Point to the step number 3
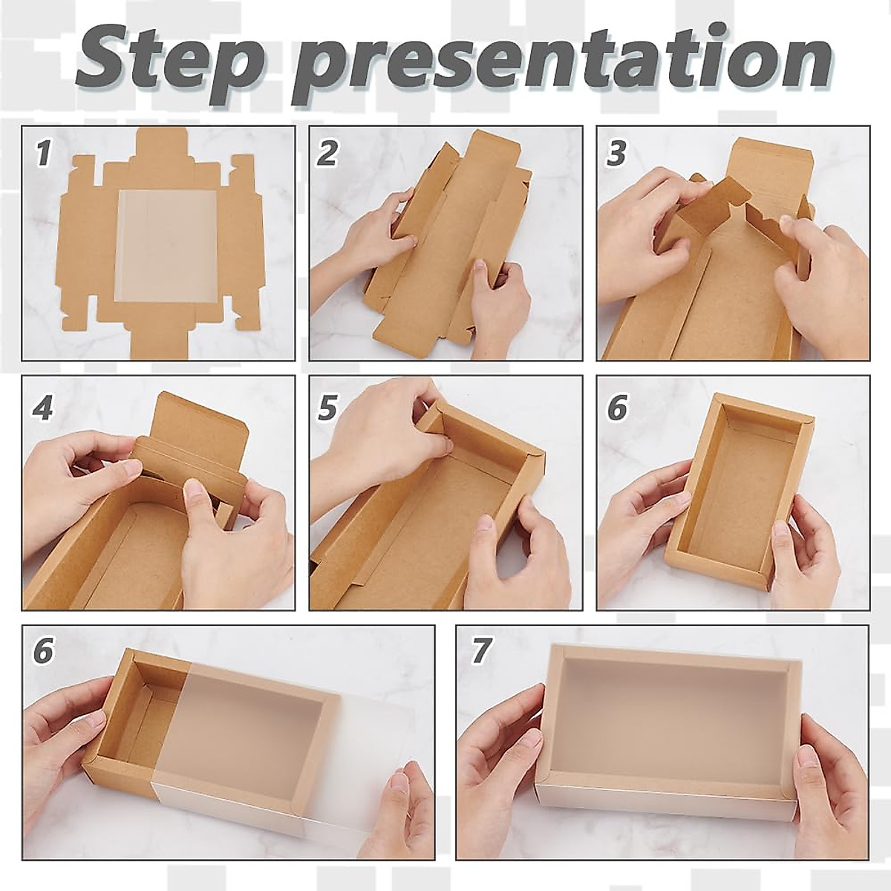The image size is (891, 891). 616,154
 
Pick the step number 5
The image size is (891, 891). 327,407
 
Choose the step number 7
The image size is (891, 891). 480,650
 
